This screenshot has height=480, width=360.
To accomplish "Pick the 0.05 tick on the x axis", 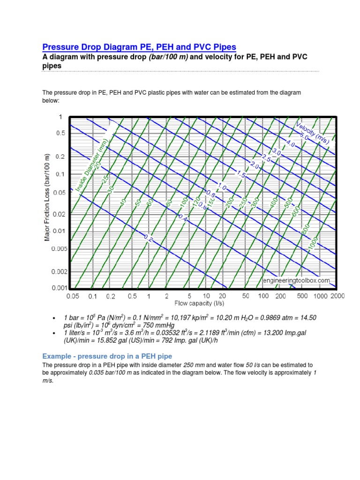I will pyautogui.click(x=73, y=296).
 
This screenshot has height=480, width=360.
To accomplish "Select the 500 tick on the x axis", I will pyautogui.click(x=302, y=296).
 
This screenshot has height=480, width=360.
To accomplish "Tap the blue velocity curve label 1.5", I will pyautogui.click(x=241, y=174).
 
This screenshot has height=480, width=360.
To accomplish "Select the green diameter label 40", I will pyautogui.click(x=123, y=202).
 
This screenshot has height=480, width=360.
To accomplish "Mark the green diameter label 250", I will pyautogui.click(x=243, y=203).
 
